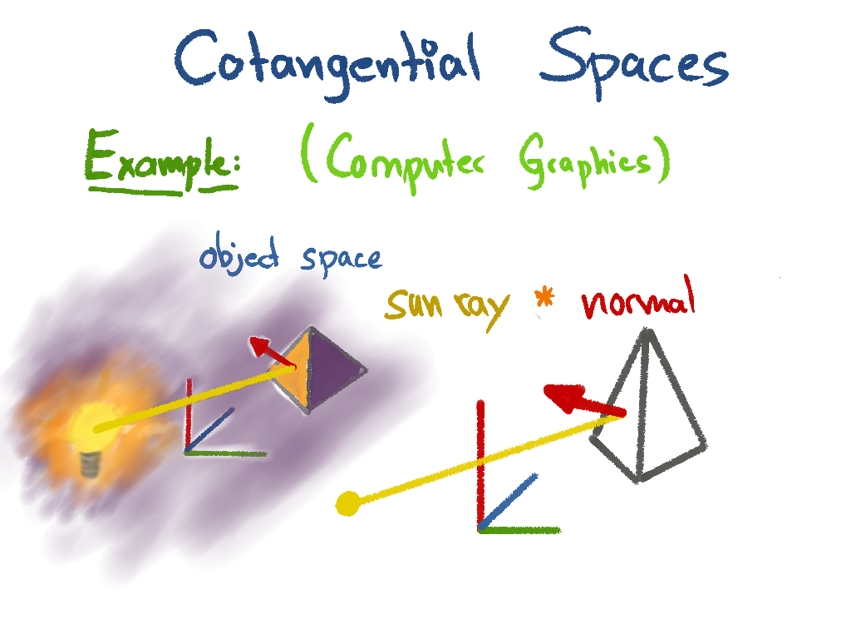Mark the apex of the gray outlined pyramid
point(646,329)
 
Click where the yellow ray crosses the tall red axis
point(481,463)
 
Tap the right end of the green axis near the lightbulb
point(266,453)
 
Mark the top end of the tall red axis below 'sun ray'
point(480,402)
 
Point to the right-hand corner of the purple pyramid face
point(366,370)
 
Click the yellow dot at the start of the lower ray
point(348,503)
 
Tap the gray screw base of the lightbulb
point(90,464)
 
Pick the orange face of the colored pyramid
point(293,369)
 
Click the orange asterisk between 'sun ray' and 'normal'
point(544,299)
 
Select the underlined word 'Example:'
point(162,161)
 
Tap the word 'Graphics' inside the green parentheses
point(585,161)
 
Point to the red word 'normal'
point(637,299)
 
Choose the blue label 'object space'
point(290,255)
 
